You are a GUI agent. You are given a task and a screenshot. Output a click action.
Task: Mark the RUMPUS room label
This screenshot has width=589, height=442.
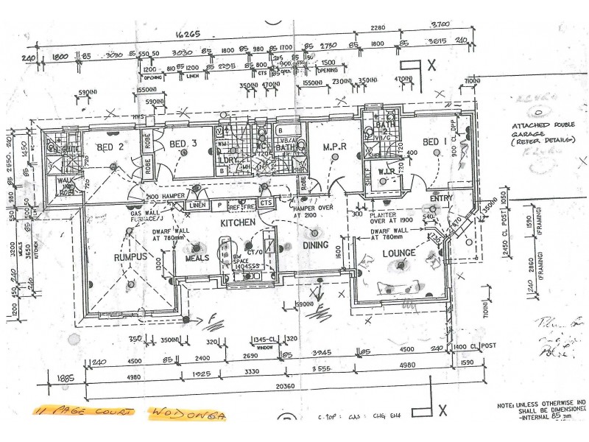point(131,258)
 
